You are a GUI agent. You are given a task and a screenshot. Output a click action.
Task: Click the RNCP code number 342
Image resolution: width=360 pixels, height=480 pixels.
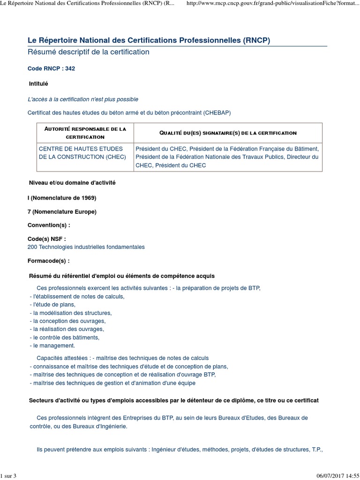tap(70, 68)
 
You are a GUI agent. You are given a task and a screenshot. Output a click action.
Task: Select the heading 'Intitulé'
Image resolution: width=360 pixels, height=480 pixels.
tap(38, 84)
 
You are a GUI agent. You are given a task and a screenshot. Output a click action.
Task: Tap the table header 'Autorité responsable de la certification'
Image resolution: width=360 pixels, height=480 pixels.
tap(85, 133)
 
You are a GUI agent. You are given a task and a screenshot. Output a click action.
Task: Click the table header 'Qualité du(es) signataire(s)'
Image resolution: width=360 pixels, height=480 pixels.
tap(228, 133)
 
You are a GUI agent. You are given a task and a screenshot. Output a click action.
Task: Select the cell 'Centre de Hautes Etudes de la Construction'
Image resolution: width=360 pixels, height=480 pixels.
tap(82, 153)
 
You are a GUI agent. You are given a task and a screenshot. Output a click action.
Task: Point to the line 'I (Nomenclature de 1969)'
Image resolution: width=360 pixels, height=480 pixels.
tap(62, 198)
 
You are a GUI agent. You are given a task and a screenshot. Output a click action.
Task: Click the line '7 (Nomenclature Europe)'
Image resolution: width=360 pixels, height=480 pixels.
tap(62, 212)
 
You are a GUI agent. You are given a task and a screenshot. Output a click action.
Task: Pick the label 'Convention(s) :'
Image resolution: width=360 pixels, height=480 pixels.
tap(49, 225)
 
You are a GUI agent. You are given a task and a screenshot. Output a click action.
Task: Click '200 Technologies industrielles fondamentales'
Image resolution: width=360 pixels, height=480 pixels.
tap(86, 247)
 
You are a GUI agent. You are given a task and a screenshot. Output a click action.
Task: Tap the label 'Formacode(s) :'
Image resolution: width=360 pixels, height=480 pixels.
tap(49, 261)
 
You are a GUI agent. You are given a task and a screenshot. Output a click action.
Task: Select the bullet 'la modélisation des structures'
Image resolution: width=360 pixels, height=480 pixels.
tap(72, 313)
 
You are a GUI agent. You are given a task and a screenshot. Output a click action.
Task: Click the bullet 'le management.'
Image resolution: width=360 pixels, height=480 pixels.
tap(53, 345)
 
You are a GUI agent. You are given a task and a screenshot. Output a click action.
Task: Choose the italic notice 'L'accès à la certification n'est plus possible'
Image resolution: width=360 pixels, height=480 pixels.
tap(83, 99)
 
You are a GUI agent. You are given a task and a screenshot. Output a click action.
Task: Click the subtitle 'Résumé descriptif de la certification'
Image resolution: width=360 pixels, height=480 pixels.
tap(89, 52)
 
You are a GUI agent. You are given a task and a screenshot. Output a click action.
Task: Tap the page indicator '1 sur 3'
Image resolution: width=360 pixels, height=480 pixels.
tap(8, 476)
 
